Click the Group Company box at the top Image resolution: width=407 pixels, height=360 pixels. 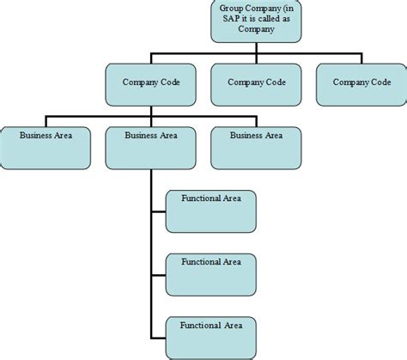tap(255, 21)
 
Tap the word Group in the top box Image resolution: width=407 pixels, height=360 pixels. tap(232, 8)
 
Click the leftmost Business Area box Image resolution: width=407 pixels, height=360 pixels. tap(46, 148)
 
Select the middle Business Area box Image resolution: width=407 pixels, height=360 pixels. tap(151, 148)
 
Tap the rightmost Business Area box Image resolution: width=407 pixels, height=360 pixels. tap(256, 148)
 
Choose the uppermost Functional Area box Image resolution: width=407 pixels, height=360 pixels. tap(210, 211)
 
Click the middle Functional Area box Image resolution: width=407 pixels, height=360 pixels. tap(210, 273)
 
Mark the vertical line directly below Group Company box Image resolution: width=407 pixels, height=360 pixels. tap(255, 48)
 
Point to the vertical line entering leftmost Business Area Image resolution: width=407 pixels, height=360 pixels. tap(46, 122)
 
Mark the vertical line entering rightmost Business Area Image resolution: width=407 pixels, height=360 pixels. tap(256, 122)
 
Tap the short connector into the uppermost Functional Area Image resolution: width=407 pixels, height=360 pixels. tap(158, 211)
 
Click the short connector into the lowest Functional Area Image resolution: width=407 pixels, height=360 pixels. tap(158, 337)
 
